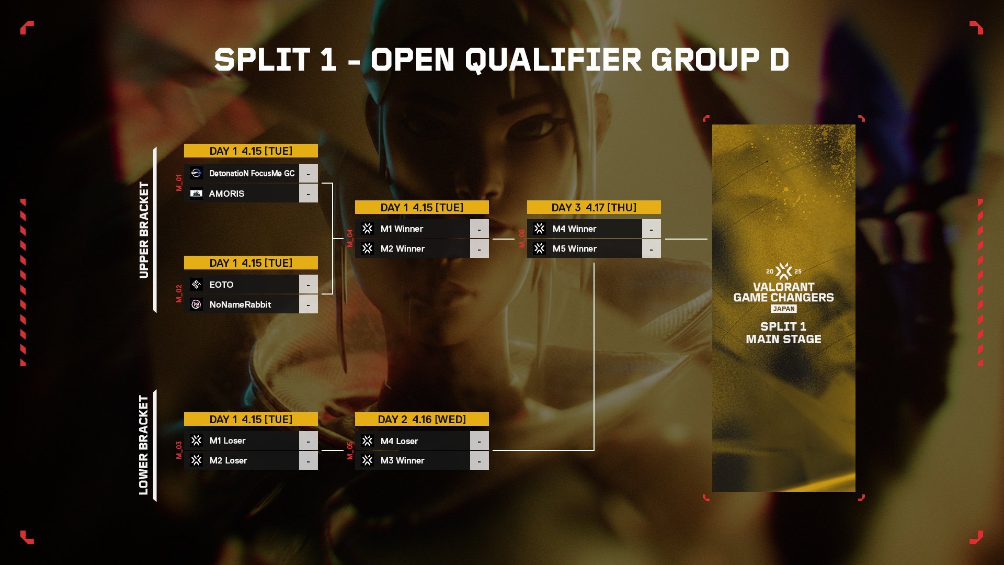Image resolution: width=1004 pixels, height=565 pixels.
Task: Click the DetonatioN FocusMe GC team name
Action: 252,173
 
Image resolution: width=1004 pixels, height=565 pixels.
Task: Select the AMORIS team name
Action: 226,194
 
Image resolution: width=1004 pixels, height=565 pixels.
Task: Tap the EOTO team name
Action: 221,285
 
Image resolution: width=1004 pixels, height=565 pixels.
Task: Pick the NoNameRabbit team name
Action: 240,304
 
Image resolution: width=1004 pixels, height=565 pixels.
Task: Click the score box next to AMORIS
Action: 308,194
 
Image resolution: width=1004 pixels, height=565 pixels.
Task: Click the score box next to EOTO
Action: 308,285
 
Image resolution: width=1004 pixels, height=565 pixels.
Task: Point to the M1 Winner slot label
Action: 402,229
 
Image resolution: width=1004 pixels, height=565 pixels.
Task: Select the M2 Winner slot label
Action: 403,248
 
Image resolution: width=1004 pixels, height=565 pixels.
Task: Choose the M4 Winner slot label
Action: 574,229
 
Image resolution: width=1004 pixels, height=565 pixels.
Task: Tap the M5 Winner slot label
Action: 575,248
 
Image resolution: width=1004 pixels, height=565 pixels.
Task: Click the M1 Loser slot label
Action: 227,440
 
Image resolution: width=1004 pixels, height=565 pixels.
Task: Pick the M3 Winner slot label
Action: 402,460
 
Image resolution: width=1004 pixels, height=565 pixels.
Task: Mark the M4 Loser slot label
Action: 399,441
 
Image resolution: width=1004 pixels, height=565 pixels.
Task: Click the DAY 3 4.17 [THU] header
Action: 594,207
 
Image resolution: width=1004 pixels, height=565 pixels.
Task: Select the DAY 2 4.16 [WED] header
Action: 422,419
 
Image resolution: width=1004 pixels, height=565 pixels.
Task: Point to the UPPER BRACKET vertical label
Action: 144,230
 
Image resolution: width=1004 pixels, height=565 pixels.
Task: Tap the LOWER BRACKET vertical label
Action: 144,445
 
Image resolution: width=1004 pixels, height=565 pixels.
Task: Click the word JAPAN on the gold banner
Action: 784,309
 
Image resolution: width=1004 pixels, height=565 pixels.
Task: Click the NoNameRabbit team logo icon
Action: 196,304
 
